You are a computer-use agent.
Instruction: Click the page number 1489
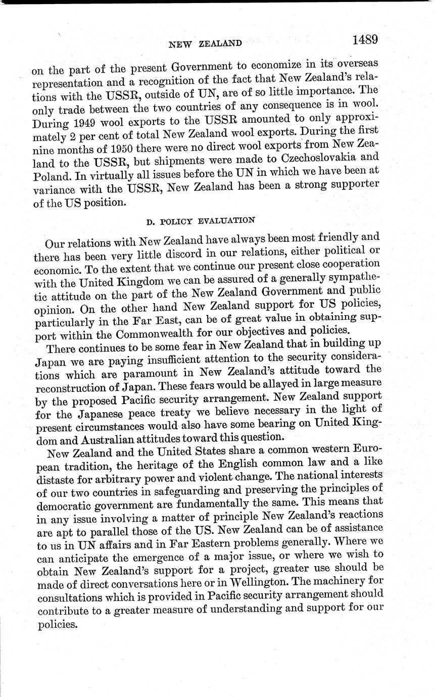click(x=366, y=39)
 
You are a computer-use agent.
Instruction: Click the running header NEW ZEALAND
click(x=205, y=43)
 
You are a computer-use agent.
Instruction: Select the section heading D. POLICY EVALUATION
click(x=200, y=221)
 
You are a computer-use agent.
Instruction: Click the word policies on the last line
click(x=57, y=625)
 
